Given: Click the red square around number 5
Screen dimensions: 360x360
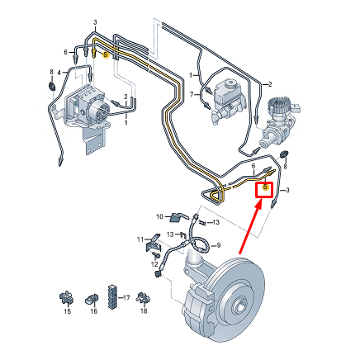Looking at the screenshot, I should click(x=264, y=188).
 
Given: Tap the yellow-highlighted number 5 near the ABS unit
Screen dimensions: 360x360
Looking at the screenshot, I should click(x=106, y=55).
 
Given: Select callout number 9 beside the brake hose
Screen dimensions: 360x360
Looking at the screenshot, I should click(x=219, y=245).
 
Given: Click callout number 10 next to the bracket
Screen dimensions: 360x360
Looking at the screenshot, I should click(x=162, y=216).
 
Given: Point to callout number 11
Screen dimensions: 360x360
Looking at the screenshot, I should click(x=140, y=239).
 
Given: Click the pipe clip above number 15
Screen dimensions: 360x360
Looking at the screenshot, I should click(x=65, y=295).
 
